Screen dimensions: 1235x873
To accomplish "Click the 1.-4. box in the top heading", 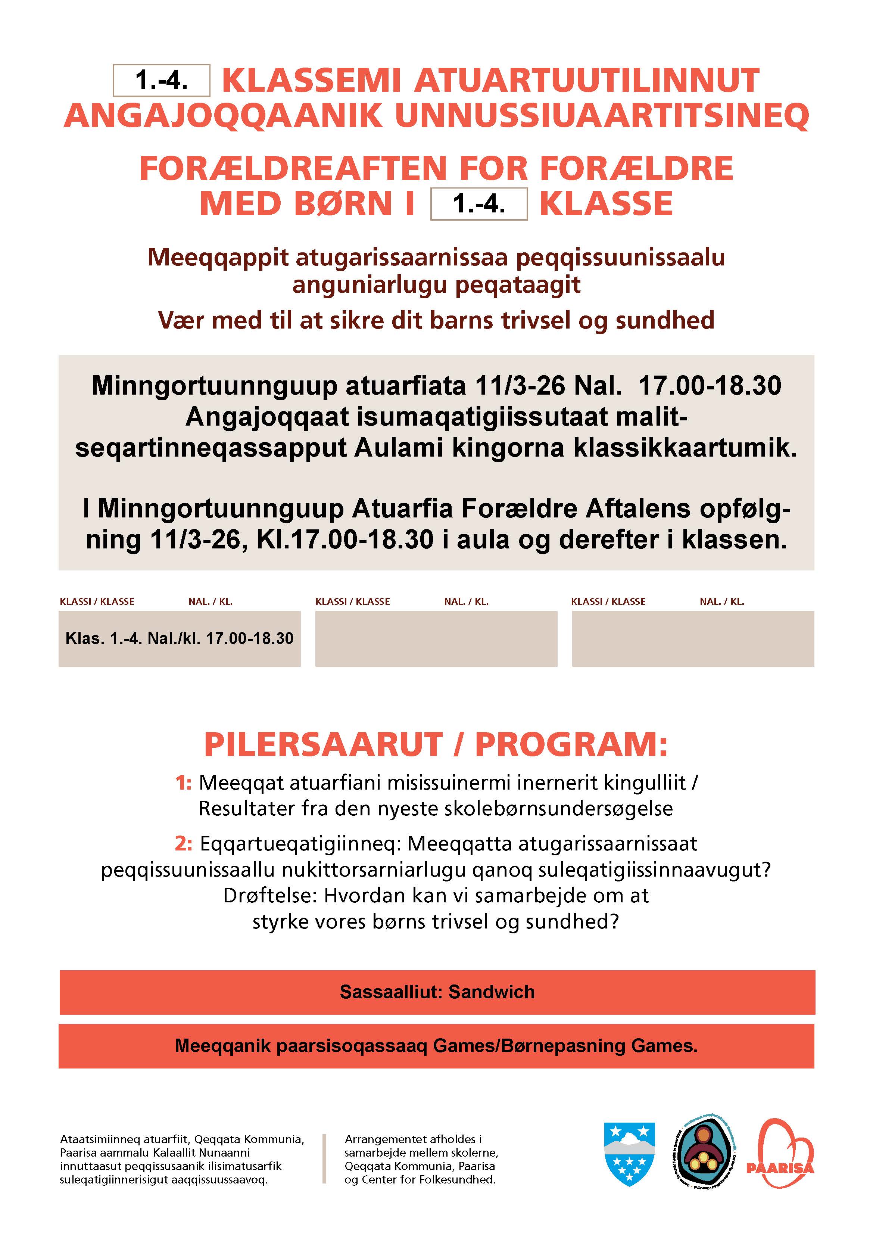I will [x=161, y=81].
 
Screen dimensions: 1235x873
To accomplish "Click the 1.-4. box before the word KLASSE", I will [x=479, y=204].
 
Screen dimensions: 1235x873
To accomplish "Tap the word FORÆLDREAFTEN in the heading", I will [x=293, y=168].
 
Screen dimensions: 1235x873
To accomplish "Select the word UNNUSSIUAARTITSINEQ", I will [x=602, y=115].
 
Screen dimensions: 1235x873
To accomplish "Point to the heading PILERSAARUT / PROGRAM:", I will [x=436, y=745].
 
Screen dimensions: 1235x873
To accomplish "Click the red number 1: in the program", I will [x=183, y=783].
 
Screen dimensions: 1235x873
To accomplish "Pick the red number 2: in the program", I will [x=183, y=844].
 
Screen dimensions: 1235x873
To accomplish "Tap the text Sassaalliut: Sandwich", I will [x=437, y=992].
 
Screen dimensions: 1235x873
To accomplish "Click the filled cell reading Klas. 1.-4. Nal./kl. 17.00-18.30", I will [x=179, y=638].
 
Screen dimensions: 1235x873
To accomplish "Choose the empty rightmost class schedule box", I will [x=692, y=638].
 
